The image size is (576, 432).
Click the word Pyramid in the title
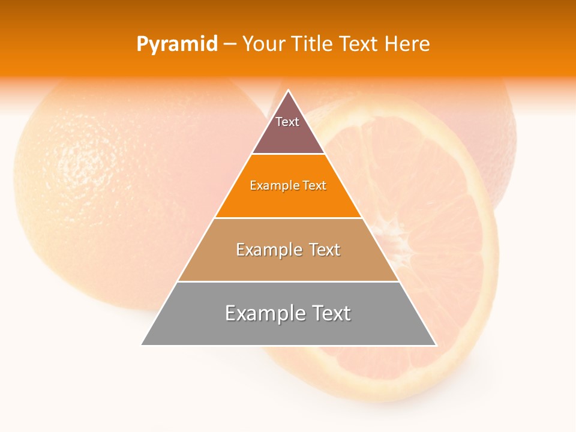click(x=177, y=44)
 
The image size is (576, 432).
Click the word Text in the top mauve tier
click(x=287, y=122)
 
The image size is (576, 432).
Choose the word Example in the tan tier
click(x=266, y=250)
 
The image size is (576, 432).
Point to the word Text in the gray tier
click(x=331, y=313)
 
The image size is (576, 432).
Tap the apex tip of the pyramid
click(x=289, y=91)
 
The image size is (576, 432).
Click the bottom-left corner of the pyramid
click(x=142, y=344)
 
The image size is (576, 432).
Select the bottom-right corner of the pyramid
click(x=436, y=344)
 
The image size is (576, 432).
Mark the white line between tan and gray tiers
click(x=289, y=281)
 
